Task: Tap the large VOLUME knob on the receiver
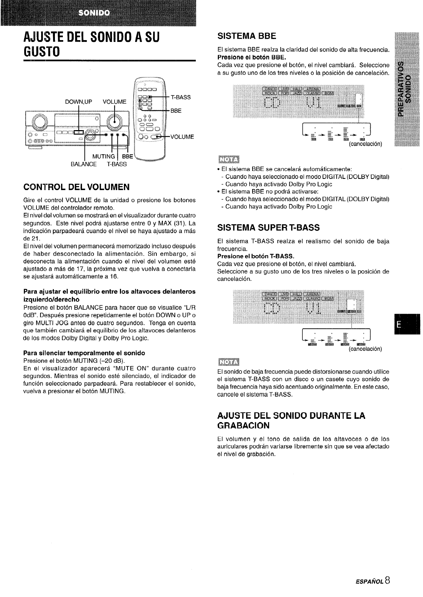click(115, 121)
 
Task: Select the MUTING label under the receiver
click(104, 156)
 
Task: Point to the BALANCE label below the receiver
click(83, 164)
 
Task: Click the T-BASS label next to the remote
click(181, 97)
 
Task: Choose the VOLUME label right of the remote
click(182, 137)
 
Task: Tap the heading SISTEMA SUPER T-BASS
click(268, 228)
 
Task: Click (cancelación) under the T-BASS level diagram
click(365, 349)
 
